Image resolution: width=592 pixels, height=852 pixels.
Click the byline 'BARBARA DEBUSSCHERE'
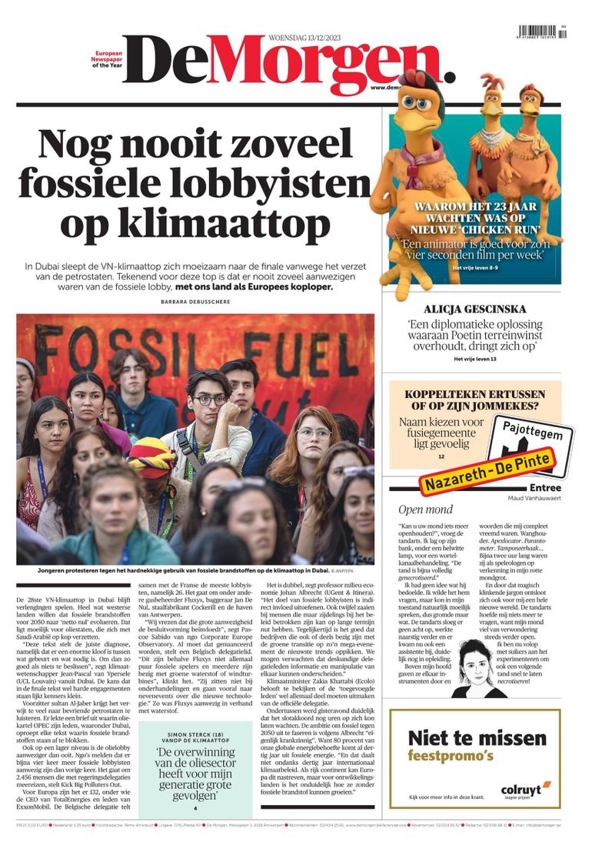[x=197, y=302]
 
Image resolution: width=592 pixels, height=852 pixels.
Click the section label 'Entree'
[x=545, y=488]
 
